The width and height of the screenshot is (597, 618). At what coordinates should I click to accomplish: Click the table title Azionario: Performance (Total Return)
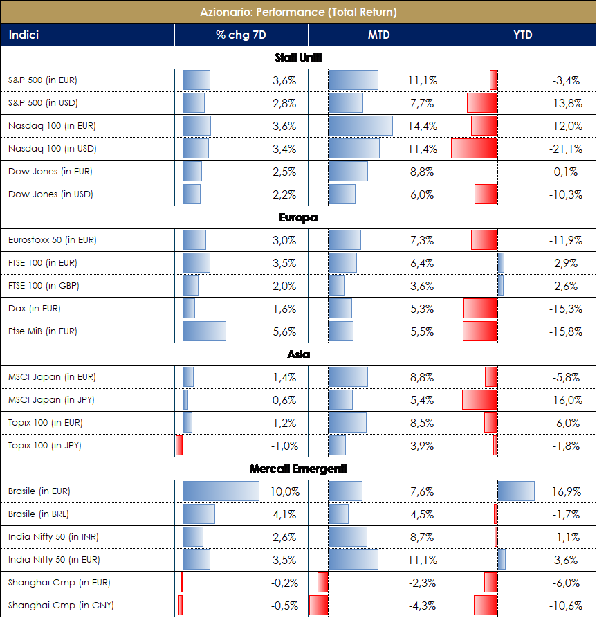point(298,12)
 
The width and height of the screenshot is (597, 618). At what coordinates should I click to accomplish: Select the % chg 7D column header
point(241,35)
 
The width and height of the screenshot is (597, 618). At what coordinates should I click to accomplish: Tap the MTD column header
point(378,35)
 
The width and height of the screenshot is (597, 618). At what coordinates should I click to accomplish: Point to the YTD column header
point(522,35)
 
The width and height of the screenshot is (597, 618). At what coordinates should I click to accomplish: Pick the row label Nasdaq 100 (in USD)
point(52,149)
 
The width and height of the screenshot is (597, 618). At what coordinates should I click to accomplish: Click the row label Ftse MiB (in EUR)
point(43,331)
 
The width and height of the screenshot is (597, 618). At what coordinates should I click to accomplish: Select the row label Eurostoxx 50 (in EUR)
point(53,240)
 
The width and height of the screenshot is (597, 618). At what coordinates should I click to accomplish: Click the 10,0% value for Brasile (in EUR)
point(285,492)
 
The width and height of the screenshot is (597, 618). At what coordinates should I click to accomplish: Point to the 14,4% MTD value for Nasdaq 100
point(422,126)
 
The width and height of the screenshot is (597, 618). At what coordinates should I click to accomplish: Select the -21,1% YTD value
point(566,149)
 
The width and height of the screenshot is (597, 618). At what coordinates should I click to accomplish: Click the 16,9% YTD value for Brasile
point(567,492)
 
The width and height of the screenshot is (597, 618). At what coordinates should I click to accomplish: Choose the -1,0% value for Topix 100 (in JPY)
point(284,446)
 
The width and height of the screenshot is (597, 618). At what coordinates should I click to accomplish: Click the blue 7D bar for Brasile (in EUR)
point(221,491)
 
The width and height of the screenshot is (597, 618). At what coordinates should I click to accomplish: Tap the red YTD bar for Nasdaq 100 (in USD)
point(475,149)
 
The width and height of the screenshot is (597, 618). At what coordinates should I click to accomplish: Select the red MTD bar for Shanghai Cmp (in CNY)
point(318,606)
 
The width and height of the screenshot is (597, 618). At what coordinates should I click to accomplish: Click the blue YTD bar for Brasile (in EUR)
point(516,491)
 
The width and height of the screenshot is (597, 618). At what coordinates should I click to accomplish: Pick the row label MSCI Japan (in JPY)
point(52,400)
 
